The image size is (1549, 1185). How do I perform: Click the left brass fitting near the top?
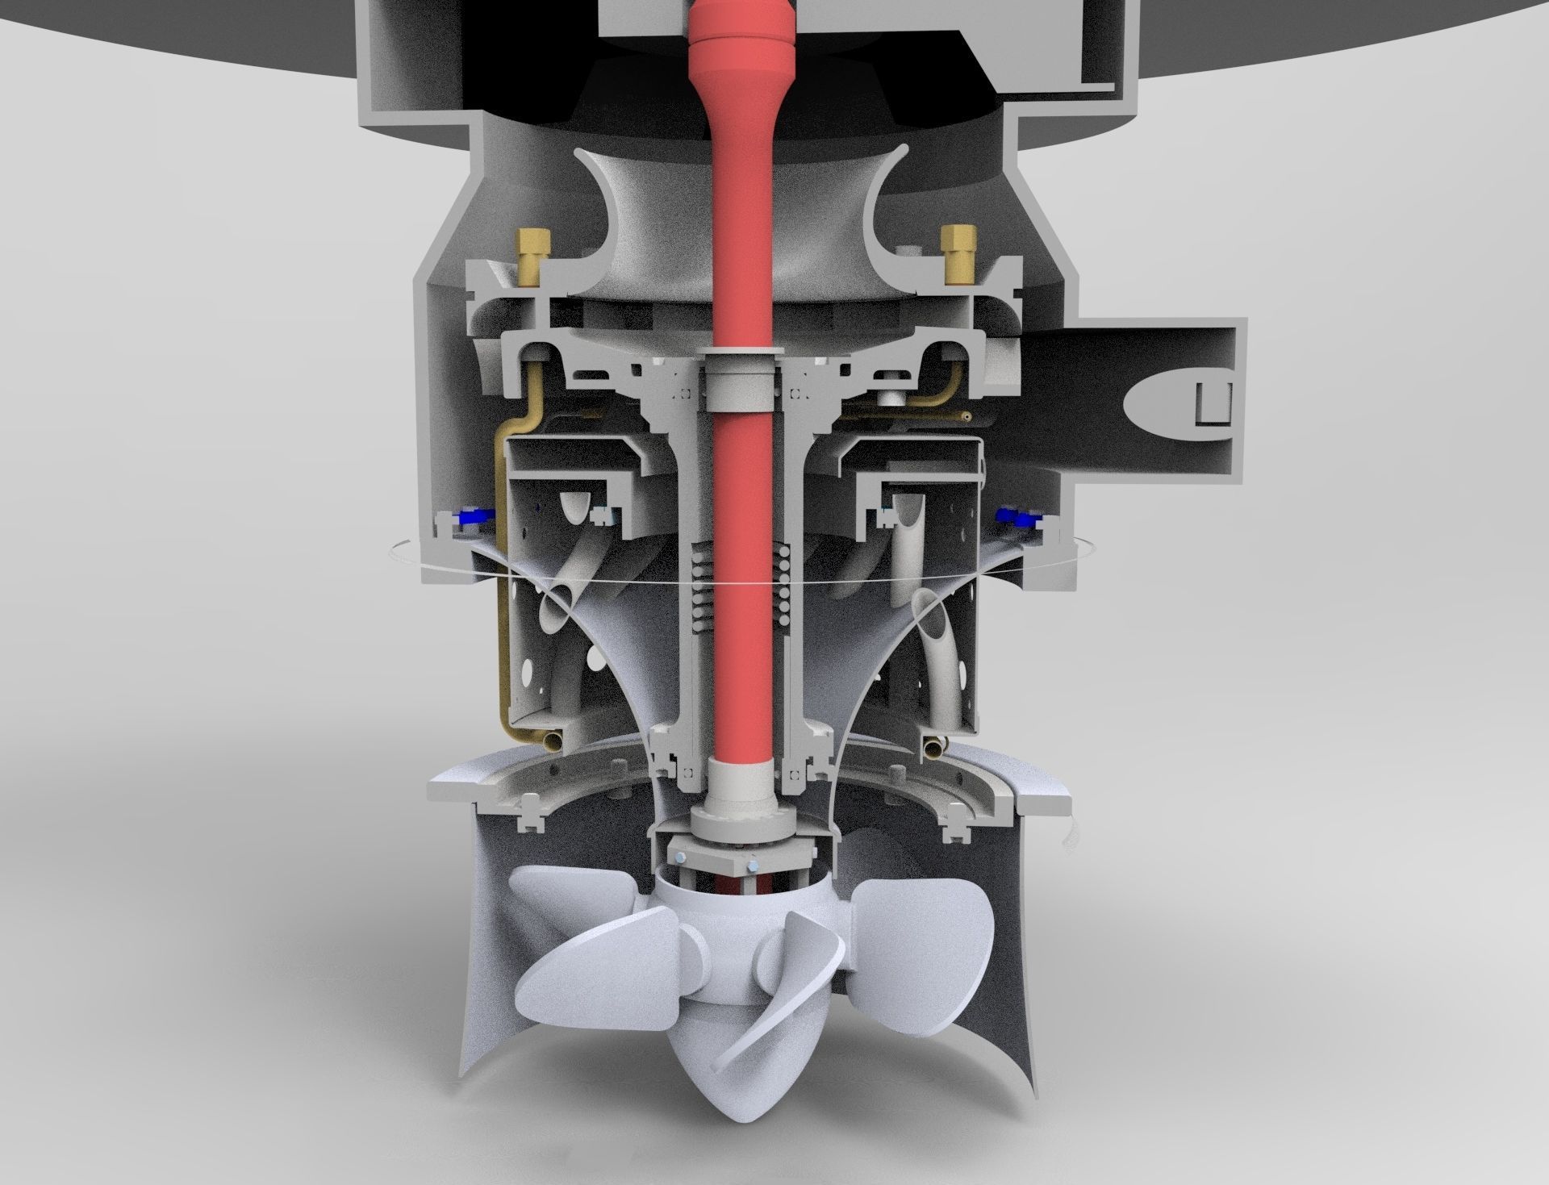[x=531, y=255]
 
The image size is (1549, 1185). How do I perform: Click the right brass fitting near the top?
[x=958, y=253]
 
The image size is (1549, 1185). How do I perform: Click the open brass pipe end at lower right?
[x=933, y=748]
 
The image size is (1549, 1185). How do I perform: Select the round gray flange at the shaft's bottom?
[x=741, y=823]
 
